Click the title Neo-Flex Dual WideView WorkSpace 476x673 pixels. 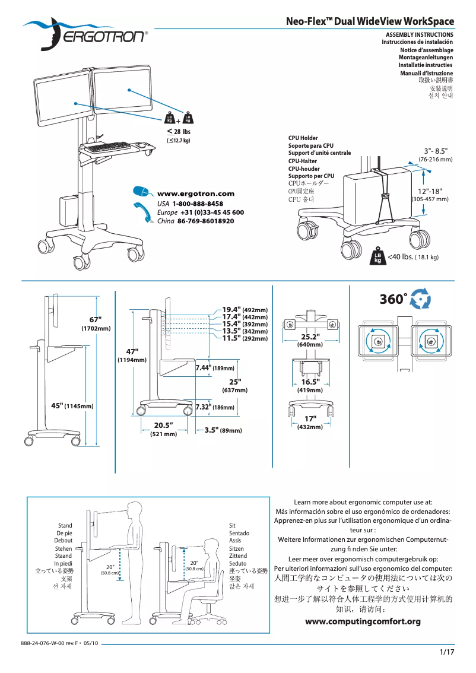[x=370, y=22]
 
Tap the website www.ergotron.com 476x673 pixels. [x=195, y=193]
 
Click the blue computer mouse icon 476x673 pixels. [x=141, y=191]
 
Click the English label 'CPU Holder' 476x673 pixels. [x=303, y=138]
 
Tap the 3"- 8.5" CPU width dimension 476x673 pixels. [x=436, y=151]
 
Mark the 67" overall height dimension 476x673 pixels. [x=96, y=320]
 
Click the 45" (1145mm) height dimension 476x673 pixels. [x=72, y=406]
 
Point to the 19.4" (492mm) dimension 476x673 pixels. [x=245, y=309]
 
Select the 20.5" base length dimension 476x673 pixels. [x=163, y=425]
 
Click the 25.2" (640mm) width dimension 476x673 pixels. [x=310, y=337]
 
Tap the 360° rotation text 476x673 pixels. [x=393, y=299]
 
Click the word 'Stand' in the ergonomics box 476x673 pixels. [x=65, y=526]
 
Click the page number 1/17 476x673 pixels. [x=446, y=653]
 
